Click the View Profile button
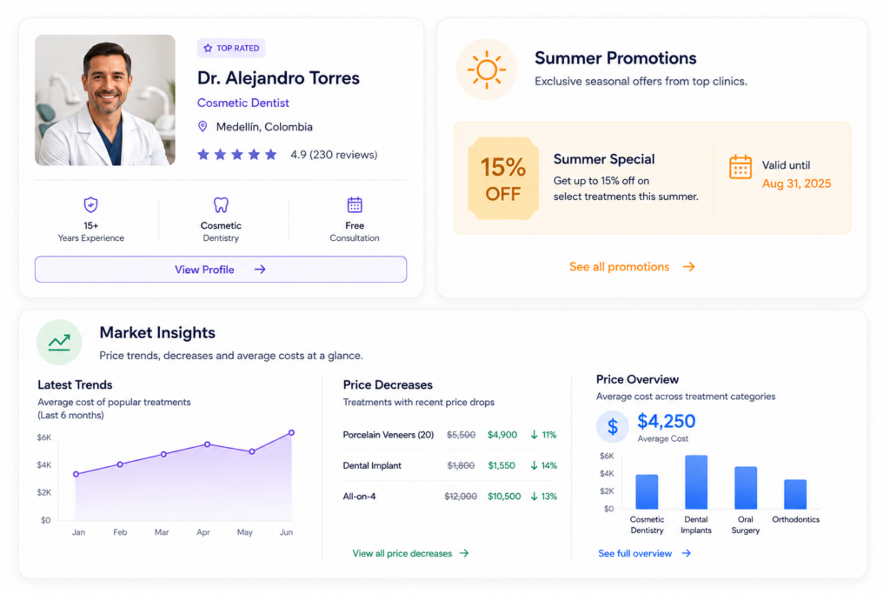click(x=220, y=270)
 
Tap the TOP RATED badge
click(x=231, y=49)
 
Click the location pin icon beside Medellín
click(x=202, y=126)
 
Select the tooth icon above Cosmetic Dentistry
click(x=221, y=204)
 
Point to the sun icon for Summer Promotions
click(x=487, y=70)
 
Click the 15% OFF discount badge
click(x=503, y=178)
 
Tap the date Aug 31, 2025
click(x=796, y=184)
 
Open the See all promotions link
click(x=632, y=266)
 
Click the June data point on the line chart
click(x=291, y=433)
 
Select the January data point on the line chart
click(x=76, y=474)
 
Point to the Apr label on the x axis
click(x=203, y=532)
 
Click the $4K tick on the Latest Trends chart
click(x=43, y=464)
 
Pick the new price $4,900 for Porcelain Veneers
click(x=502, y=435)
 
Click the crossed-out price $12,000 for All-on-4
click(x=461, y=497)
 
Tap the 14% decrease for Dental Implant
click(x=544, y=465)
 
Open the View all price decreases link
click(x=410, y=553)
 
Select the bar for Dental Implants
click(x=696, y=482)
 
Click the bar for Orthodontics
click(x=795, y=494)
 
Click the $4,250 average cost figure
click(x=666, y=421)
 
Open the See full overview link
click(x=644, y=553)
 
